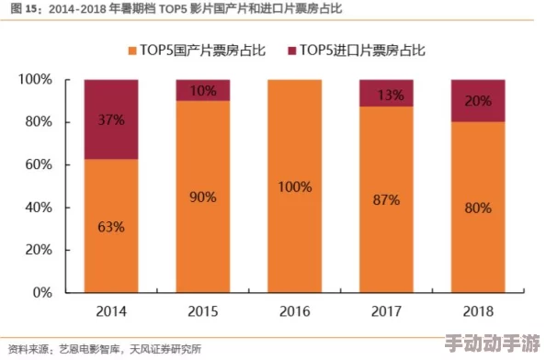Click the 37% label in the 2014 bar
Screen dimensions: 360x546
click(111, 119)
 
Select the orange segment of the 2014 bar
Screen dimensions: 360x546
click(111, 248)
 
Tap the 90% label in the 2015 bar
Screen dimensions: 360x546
click(203, 197)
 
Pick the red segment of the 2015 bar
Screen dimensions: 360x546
click(203, 90)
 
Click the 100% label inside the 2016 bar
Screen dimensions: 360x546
click(295, 186)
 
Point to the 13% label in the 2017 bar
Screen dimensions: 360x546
click(387, 94)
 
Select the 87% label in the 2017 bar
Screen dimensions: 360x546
click(387, 199)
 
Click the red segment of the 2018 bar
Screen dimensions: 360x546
click(478, 100)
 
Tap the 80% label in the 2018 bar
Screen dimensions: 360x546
click(478, 208)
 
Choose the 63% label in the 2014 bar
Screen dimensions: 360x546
click(111, 226)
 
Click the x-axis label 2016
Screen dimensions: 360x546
click(295, 312)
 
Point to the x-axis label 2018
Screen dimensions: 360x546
click(478, 312)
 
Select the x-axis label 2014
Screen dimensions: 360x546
click(111, 312)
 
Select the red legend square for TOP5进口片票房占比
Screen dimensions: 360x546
click(293, 48)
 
